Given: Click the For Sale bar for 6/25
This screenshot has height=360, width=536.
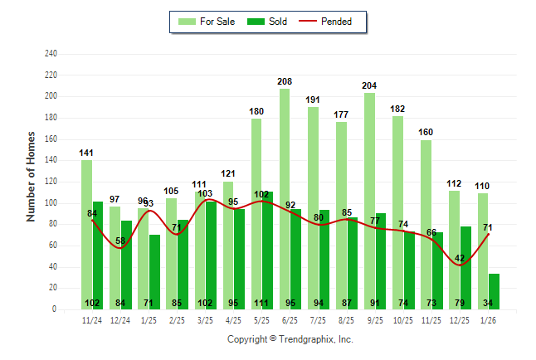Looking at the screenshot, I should [285, 199].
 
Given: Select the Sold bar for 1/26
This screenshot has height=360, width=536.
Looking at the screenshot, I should [494, 291].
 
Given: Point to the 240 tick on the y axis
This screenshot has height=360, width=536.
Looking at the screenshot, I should [51, 54].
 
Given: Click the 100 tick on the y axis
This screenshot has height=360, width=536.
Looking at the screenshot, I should [51, 203].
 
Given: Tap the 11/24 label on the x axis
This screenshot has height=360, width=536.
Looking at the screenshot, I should [92, 319].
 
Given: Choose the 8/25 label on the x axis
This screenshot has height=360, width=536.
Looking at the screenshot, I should [347, 319].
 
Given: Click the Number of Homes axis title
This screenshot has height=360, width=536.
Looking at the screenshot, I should [32, 175].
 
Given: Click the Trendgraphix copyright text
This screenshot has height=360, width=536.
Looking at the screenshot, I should [290, 339].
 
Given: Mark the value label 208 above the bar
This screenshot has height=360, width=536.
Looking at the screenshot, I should [285, 82].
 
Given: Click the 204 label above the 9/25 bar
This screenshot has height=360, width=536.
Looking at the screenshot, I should [369, 85].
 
